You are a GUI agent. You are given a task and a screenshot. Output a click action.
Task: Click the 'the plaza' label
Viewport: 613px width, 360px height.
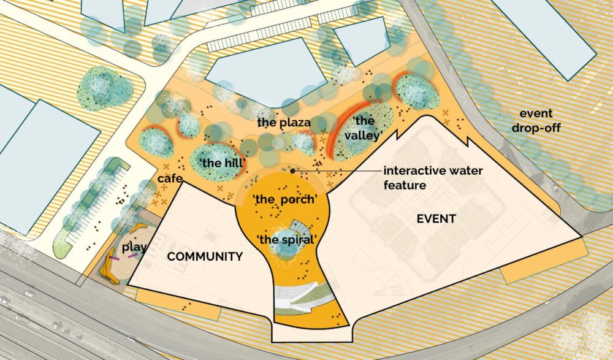[284, 122]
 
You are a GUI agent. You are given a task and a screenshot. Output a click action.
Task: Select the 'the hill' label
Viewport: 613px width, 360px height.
[223, 163]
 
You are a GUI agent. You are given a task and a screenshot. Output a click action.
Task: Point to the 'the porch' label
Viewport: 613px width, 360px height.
[284, 200]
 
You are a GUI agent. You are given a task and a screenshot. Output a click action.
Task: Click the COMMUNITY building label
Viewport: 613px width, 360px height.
[205, 256]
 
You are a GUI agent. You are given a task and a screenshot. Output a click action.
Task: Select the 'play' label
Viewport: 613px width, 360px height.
[134, 248]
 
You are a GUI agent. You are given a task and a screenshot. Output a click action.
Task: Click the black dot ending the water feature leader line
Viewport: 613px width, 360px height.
[294, 170]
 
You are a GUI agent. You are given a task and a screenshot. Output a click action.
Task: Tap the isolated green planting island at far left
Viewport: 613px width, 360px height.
[104, 87]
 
